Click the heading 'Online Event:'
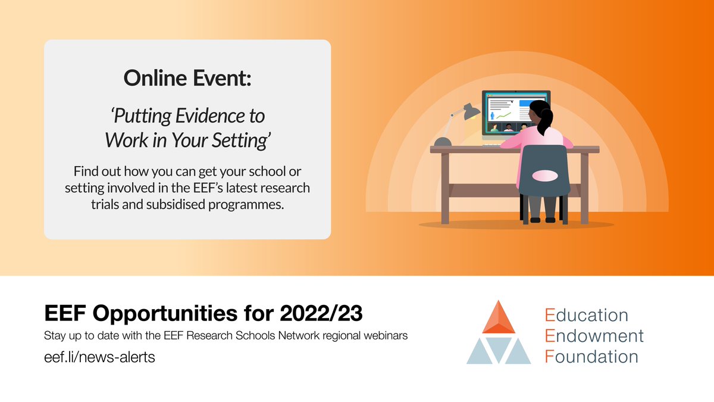(x=187, y=77)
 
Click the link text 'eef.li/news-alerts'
(x=99, y=357)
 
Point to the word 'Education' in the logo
(x=586, y=314)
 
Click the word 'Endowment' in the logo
(x=594, y=336)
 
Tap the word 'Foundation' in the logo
(x=591, y=357)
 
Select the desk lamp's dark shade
(x=471, y=111)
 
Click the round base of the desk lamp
(x=443, y=142)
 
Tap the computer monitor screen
(x=506, y=110)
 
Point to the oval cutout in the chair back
(x=543, y=176)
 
